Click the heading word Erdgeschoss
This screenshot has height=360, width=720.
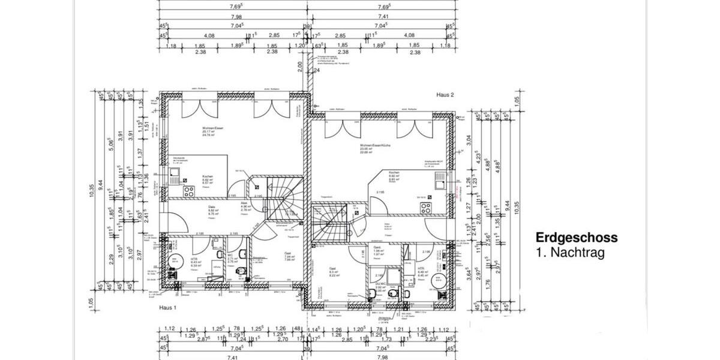(x=576, y=238)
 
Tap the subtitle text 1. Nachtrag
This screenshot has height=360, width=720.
(x=570, y=253)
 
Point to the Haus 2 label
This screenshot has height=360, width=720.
(x=449, y=95)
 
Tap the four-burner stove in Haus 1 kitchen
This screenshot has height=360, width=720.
(x=188, y=191)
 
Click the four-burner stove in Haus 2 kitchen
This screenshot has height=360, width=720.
(x=427, y=209)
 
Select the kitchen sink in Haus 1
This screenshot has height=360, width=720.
(x=175, y=175)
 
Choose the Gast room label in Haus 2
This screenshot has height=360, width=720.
(x=332, y=269)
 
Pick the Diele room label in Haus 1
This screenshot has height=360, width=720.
(x=212, y=207)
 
